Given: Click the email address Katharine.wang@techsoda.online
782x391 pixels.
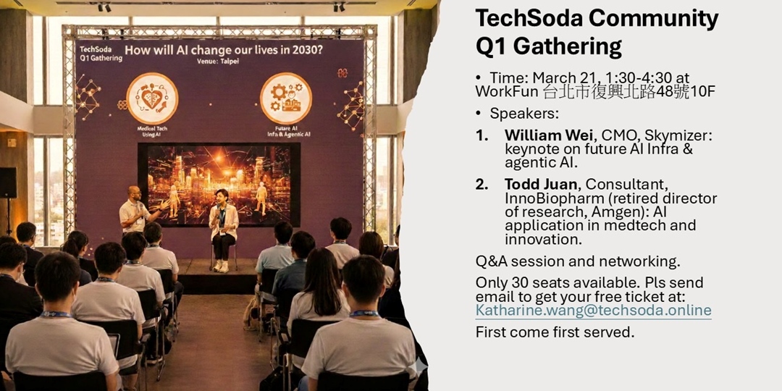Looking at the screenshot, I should coord(593,311).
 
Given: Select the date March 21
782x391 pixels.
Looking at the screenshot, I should coord(562,77).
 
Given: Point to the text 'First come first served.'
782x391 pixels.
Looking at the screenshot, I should coord(555,332).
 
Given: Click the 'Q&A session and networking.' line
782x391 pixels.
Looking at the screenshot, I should coord(578,261).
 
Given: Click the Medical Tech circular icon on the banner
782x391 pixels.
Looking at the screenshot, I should coord(152,98).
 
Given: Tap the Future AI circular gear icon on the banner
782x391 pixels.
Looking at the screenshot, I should coord(285,98).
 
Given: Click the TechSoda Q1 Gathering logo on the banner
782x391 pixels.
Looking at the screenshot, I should coord(96,53).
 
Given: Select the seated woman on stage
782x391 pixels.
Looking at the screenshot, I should coord(223,226).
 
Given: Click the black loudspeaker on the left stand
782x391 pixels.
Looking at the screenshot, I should coord(8,182).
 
